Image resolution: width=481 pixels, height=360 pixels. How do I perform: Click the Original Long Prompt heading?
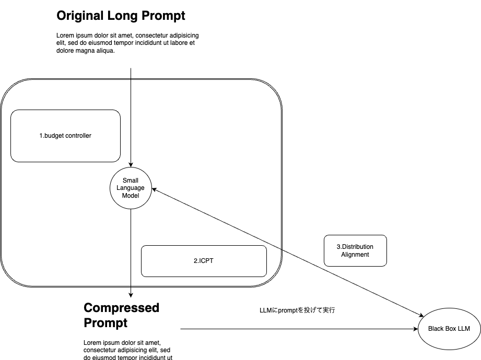click(121, 16)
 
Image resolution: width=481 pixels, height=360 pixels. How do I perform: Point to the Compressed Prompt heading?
click(122, 315)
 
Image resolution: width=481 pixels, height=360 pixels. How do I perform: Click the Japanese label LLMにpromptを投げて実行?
click(297, 310)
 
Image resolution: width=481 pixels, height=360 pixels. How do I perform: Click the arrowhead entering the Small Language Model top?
click(131, 165)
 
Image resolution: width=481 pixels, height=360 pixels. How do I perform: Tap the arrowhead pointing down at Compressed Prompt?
click(131, 295)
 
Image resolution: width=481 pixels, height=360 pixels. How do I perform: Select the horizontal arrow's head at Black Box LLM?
click(416, 329)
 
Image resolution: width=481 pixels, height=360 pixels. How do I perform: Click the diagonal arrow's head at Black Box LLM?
click(421, 315)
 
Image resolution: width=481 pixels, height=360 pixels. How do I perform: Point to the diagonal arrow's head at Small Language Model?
click(154, 189)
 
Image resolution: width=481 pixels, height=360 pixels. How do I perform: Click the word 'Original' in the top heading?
click(80, 16)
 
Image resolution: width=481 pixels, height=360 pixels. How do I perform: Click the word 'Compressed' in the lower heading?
click(122, 308)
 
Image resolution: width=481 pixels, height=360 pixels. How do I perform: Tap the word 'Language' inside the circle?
click(131, 188)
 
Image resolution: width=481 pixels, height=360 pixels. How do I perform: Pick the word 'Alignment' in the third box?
click(355, 255)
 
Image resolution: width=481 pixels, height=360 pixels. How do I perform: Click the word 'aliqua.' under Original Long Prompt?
click(105, 51)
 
